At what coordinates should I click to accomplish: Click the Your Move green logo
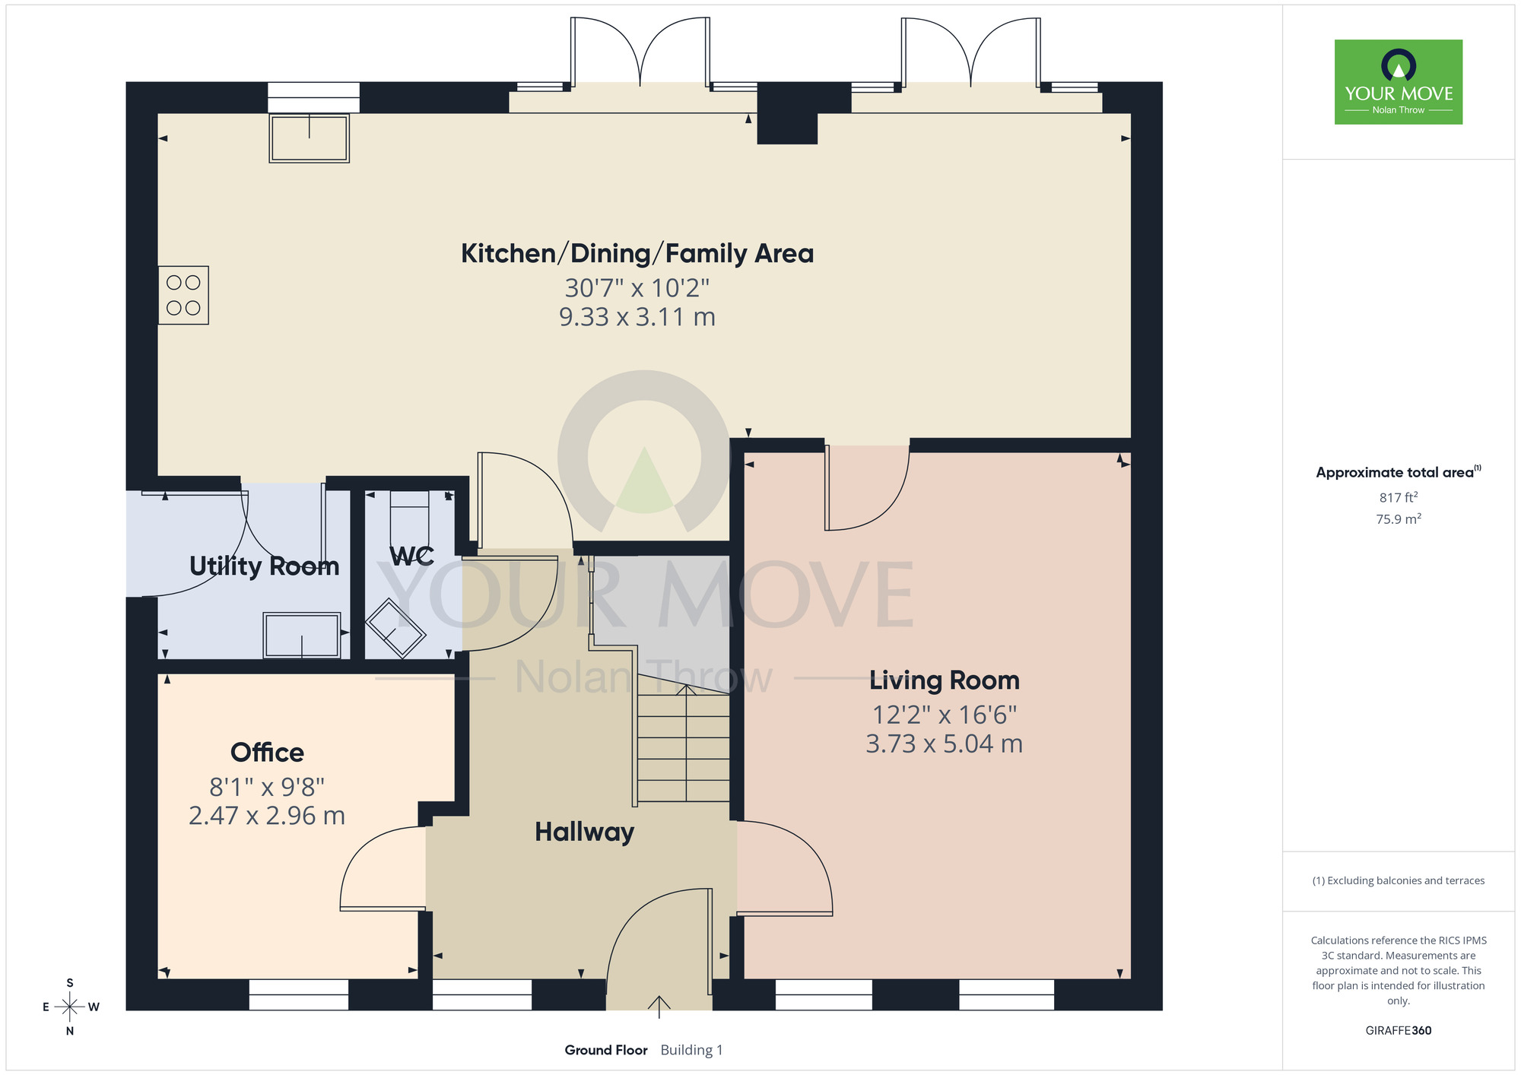1399,82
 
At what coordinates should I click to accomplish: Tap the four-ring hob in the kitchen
183,295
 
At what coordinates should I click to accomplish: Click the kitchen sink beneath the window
309,138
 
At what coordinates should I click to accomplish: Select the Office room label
267,753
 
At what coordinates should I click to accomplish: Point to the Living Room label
945,680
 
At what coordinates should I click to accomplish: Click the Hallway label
584,832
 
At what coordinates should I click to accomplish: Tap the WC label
411,557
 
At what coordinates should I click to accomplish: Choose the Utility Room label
264,566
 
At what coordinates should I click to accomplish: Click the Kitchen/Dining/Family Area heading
637,253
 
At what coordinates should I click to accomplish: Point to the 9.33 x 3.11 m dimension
637,317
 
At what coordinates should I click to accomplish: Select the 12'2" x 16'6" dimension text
945,715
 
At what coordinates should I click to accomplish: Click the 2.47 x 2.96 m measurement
267,816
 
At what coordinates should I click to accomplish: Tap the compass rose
70,1007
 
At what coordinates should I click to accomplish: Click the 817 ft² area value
1399,498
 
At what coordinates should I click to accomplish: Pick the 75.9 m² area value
1399,519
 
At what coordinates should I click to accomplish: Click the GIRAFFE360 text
1399,1031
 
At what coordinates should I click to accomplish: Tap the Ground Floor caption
606,1050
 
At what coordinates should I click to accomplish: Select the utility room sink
302,636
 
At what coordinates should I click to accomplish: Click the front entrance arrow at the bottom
659,1007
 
